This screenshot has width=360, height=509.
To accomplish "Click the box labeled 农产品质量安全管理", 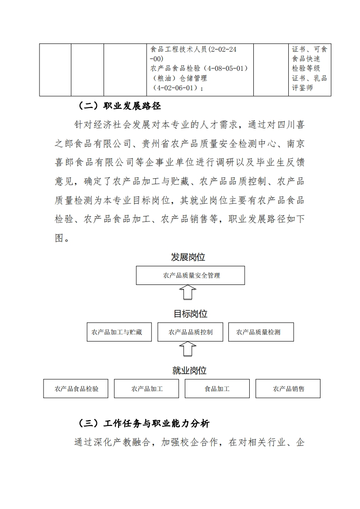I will [x=191, y=275].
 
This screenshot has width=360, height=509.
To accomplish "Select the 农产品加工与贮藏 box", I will [x=117, y=332].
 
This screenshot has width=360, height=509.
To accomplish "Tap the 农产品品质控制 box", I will [x=191, y=332].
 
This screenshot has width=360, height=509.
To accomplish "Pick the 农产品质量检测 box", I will [x=261, y=332].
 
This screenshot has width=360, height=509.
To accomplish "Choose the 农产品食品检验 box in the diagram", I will [x=76, y=389].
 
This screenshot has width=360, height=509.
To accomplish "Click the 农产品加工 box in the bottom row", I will [x=147, y=389].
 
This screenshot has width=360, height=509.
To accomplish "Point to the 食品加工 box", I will [x=217, y=389].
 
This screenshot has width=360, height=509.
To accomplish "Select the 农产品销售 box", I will [x=288, y=389].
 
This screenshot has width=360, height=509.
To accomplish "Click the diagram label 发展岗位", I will [x=188, y=257].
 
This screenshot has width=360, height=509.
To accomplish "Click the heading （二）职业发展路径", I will [x=120, y=107].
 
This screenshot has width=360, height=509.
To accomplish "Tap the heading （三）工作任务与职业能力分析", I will [x=144, y=424].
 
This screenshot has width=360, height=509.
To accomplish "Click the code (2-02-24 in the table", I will [x=220, y=49].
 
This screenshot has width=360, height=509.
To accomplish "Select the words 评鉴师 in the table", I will [x=303, y=88].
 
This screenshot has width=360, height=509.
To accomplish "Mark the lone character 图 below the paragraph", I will [x=60, y=238].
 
